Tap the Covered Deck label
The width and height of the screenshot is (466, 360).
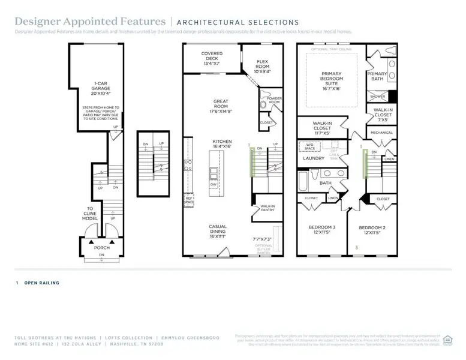tap(212, 58)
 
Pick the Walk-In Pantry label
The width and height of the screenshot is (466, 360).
tap(267, 208)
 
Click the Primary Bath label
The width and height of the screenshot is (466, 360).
tap(377, 76)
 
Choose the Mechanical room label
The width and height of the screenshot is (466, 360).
tap(381, 133)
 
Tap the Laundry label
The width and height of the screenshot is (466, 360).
tap(313, 158)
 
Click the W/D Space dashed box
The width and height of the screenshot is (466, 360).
tap(309, 146)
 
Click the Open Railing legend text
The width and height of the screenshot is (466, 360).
tap(41, 283)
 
